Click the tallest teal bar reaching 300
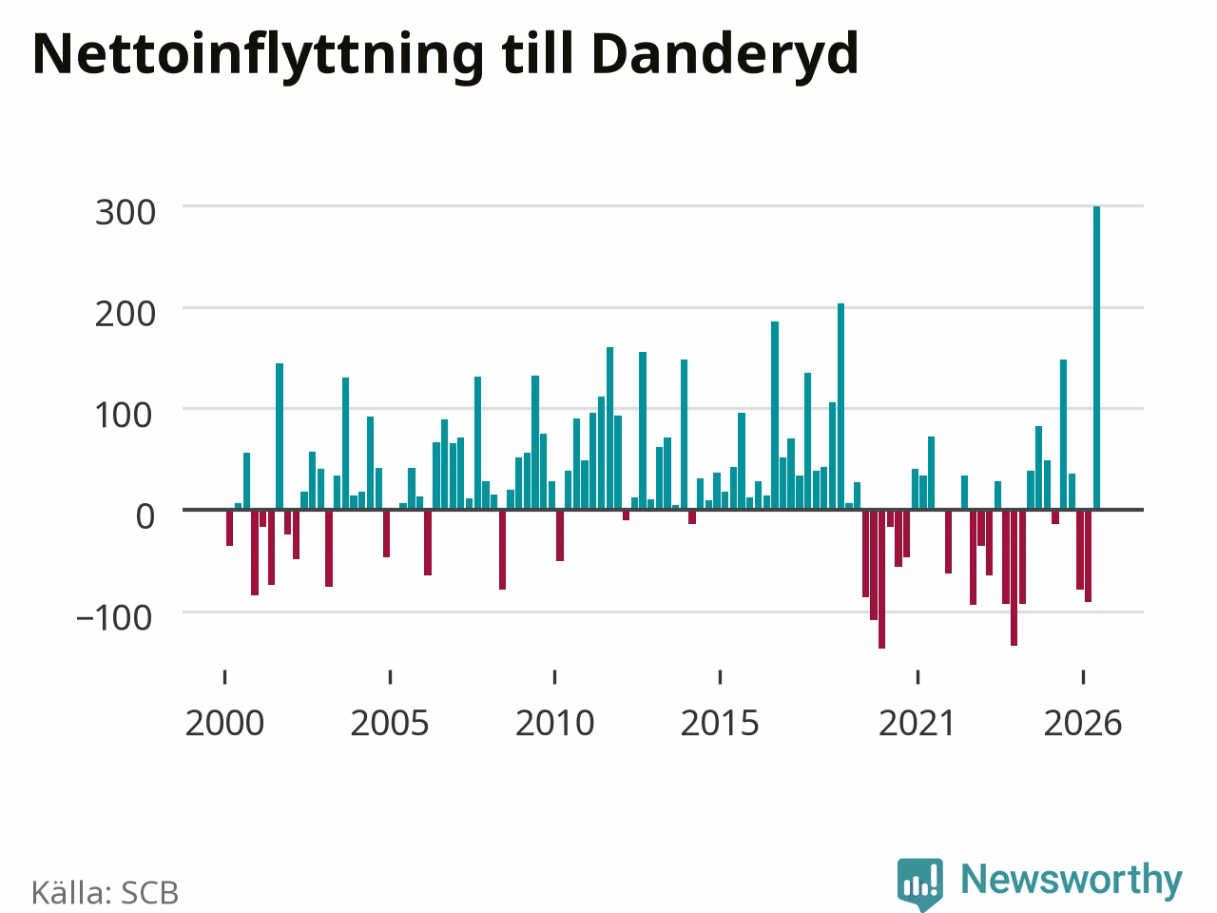[1096, 358]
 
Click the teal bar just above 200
[840, 406]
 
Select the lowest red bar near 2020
[881, 579]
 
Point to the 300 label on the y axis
[126, 213]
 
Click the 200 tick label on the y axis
[126, 314]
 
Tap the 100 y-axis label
[123, 416]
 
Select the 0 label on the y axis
[145, 516]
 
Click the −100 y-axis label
[114, 618]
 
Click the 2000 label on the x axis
[224, 724]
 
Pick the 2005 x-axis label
[390, 724]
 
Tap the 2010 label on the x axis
[555, 724]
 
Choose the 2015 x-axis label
[720, 724]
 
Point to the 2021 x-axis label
[918, 724]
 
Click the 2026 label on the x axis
[1083, 724]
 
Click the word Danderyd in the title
[725, 55]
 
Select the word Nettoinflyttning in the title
[259, 55]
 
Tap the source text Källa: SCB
[105, 892]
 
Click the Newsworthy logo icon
[920, 884]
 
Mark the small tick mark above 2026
[1083, 677]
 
